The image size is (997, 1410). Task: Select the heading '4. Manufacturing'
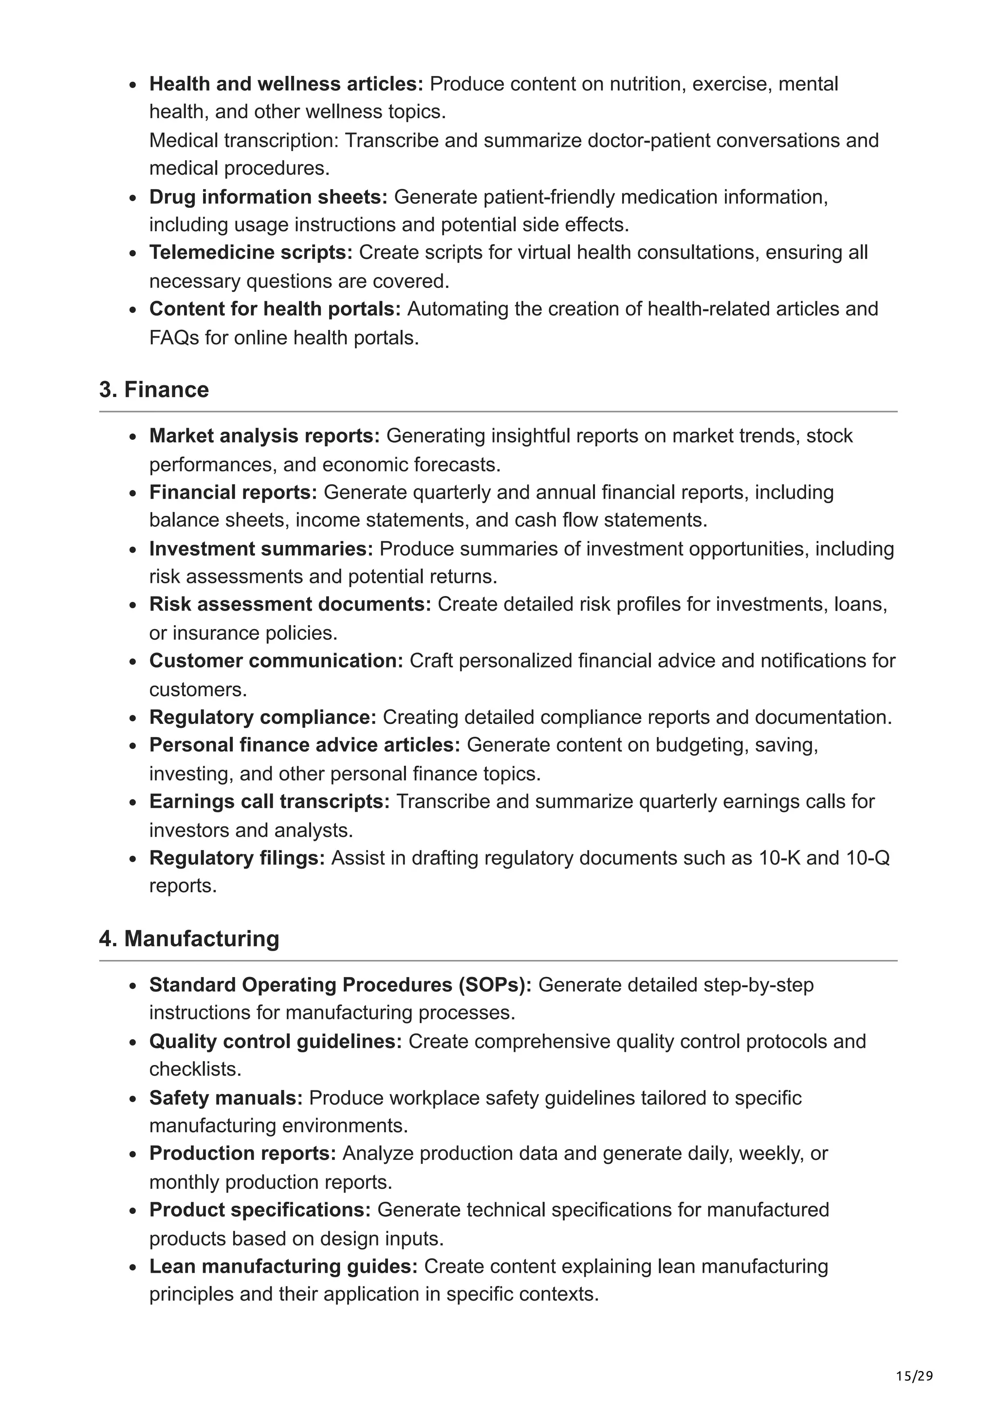(189, 939)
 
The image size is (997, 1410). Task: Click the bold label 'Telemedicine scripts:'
(251, 253)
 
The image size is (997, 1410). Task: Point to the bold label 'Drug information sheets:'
(268, 197)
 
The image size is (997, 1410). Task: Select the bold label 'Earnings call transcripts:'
(269, 801)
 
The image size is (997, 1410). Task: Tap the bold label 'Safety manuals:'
(226, 1098)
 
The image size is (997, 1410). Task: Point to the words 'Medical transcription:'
(244, 141)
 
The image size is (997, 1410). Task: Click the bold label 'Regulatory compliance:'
(262, 717)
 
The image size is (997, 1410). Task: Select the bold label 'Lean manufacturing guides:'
(283, 1266)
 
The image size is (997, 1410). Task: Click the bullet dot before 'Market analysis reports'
(133, 437)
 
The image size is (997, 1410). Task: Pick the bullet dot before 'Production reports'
(133, 1155)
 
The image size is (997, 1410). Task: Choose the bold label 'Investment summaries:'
(261, 549)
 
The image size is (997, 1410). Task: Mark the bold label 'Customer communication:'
(276, 661)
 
